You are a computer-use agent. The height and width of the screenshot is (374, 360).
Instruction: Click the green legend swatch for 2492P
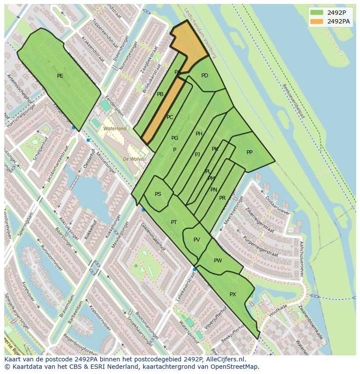click(x=317, y=13)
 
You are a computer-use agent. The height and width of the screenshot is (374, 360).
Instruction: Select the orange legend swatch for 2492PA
click(x=317, y=21)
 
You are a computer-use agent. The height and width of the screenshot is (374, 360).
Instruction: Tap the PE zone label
click(x=60, y=76)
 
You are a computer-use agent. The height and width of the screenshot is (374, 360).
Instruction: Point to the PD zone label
click(x=205, y=76)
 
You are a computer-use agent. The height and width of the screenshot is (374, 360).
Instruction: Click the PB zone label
click(x=160, y=94)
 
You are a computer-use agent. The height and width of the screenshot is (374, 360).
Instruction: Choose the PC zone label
click(x=170, y=117)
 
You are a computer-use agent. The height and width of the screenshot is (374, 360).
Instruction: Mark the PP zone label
click(x=249, y=152)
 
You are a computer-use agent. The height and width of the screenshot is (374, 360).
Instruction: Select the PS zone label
click(x=158, y=194)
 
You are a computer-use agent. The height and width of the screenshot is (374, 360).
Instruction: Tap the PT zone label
click(x=174, y=222)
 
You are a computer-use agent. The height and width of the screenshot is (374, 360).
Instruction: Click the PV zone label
click(x=197, y=240)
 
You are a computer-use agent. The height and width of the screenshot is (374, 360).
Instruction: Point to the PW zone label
click(x=218, y=261)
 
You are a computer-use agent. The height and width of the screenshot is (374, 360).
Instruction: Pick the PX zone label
click(x=233, y=295)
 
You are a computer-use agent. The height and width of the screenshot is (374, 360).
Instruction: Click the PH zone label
click(x=199, y=134)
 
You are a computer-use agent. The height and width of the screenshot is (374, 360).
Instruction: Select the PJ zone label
click(x=197, y=155)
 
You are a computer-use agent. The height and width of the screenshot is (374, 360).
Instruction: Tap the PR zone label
click(x=222, y=198)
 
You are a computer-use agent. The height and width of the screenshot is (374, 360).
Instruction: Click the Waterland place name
click(x=115, y=129)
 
